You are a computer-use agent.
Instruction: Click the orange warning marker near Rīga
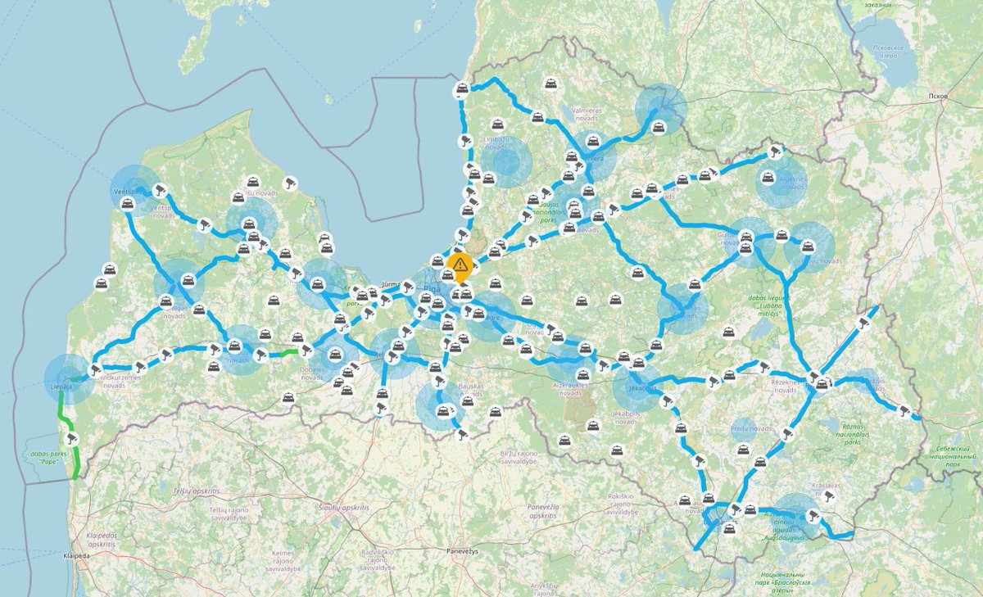[460, 265]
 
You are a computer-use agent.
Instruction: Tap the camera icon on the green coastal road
[72, 439]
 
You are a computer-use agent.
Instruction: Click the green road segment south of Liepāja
[62, 409]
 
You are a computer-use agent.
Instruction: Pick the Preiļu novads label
[750, 428]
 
